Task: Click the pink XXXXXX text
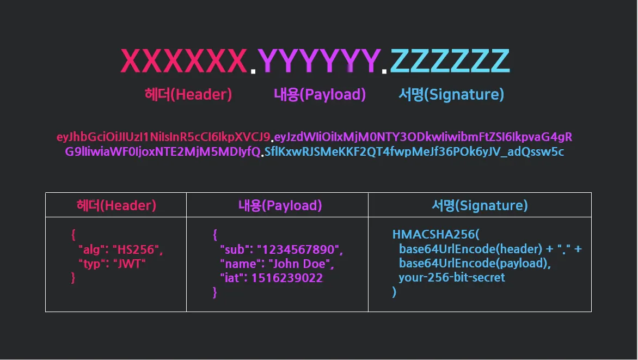(x=183, y=60)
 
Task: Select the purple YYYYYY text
(x=318, y=60)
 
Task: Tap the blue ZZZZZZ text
(x=450, y=60)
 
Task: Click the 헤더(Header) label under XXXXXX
(x=188, y=95)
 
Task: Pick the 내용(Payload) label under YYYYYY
(x=320, y=95)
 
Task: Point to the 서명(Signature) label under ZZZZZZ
(x=451, y=95)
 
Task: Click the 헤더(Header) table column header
(x=116, y=205)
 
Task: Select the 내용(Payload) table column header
(x=280, y=205)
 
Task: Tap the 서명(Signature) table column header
(x=480, y=205)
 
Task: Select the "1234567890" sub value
(x=299, y=250)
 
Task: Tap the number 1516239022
(x=287, y=278)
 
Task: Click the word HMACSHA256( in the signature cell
(x=435, y=235)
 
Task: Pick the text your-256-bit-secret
(x=452, y=278)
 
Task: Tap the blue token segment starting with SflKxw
(x=414, y=152)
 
